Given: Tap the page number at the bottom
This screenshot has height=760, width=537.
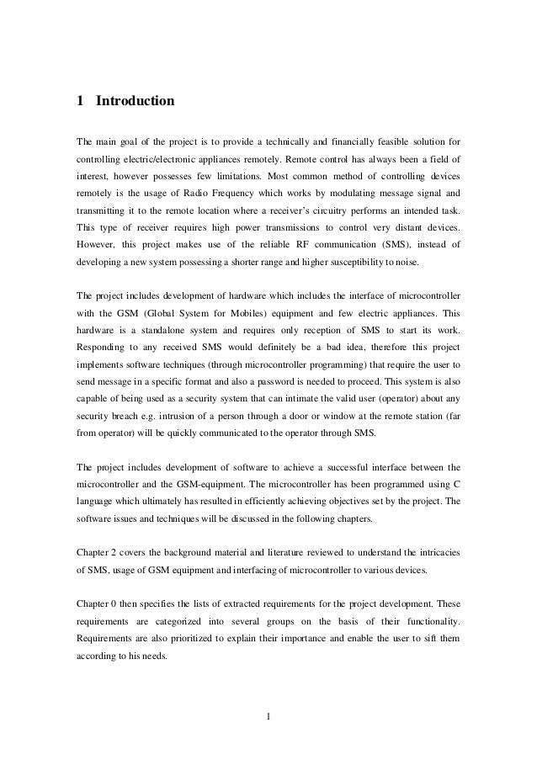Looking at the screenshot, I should tap(268, 717).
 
